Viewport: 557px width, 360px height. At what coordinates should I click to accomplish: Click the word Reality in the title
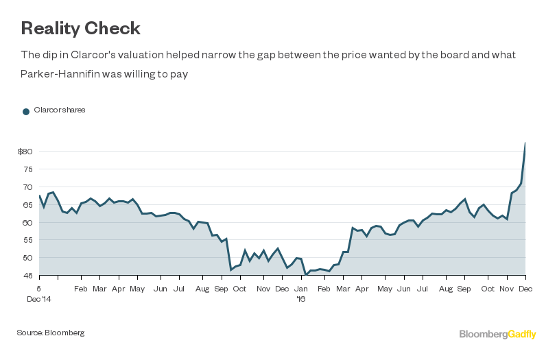(x=50, y=28)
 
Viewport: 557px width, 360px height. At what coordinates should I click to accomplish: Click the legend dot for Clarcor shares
(x=26, y=111)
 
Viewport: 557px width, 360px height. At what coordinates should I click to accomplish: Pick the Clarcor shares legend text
(x=60, y=110)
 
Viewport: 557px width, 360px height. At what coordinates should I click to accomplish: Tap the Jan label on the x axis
(x=301, y=289)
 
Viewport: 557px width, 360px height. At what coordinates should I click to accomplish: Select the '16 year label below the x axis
(x=301, y=299)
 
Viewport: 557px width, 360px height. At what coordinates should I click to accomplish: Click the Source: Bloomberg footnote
(x=51, y=333)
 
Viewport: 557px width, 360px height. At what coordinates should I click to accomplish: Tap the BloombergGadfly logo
(x=497, y=334)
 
